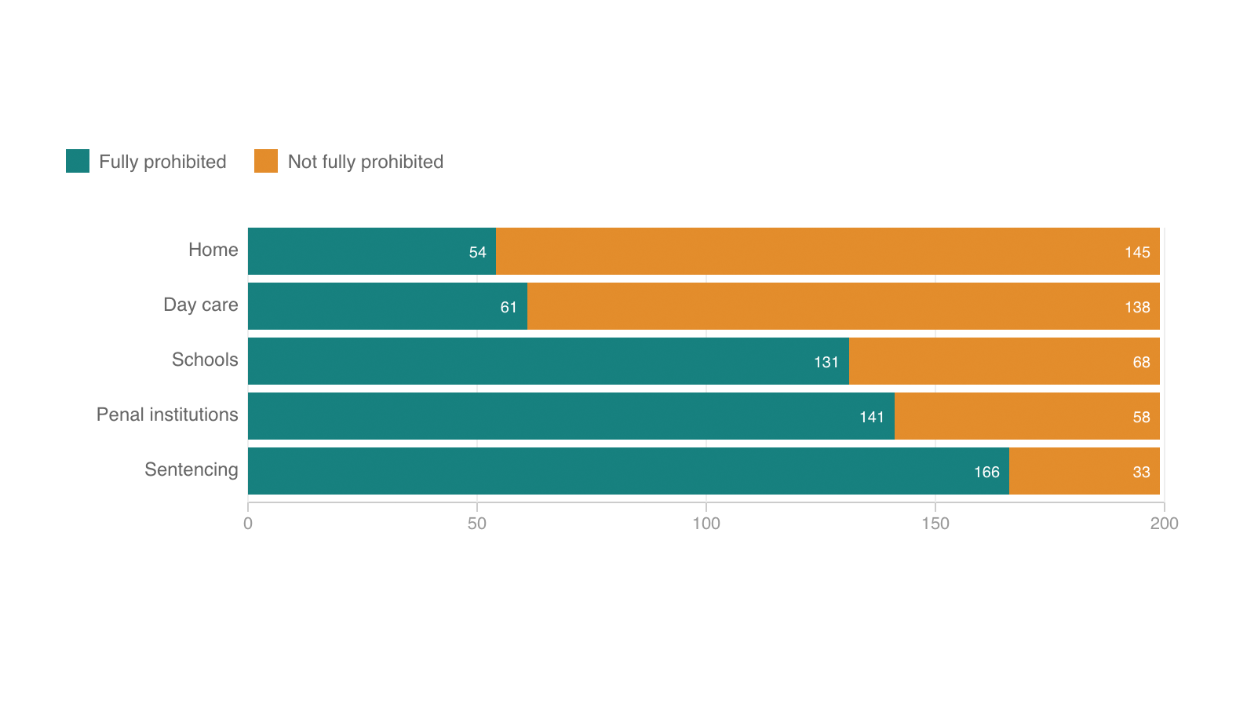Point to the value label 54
point(477,252)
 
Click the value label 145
point(1137,252)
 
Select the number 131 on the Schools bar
point(826,362)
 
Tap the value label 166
point(986,472)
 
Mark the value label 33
point(1141,472)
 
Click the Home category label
point(213,250)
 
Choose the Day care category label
point(200,305)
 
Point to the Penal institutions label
point(167,414)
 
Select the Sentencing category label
point(191,469)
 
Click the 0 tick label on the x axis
point(248,524)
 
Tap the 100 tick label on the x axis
point(706,524)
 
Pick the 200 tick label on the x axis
point(1164,524)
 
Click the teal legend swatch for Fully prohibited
point(78,161)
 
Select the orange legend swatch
point(266,161)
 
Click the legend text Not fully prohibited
point(366,162)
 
